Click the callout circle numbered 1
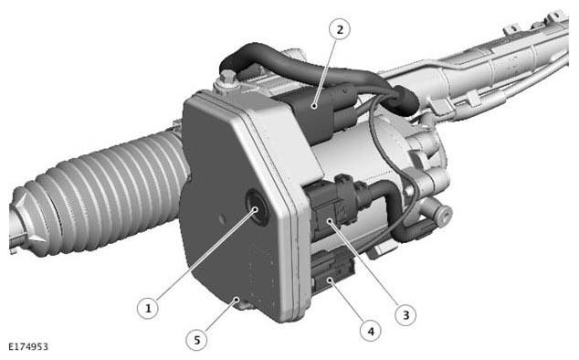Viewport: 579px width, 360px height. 148,308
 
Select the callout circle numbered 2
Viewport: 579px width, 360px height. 340,29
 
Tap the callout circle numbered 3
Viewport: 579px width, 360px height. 405,315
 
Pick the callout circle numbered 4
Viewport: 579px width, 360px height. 371,331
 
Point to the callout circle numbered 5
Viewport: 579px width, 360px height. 197,339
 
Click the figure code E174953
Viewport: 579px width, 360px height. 28,346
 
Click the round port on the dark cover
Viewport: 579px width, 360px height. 257,206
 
